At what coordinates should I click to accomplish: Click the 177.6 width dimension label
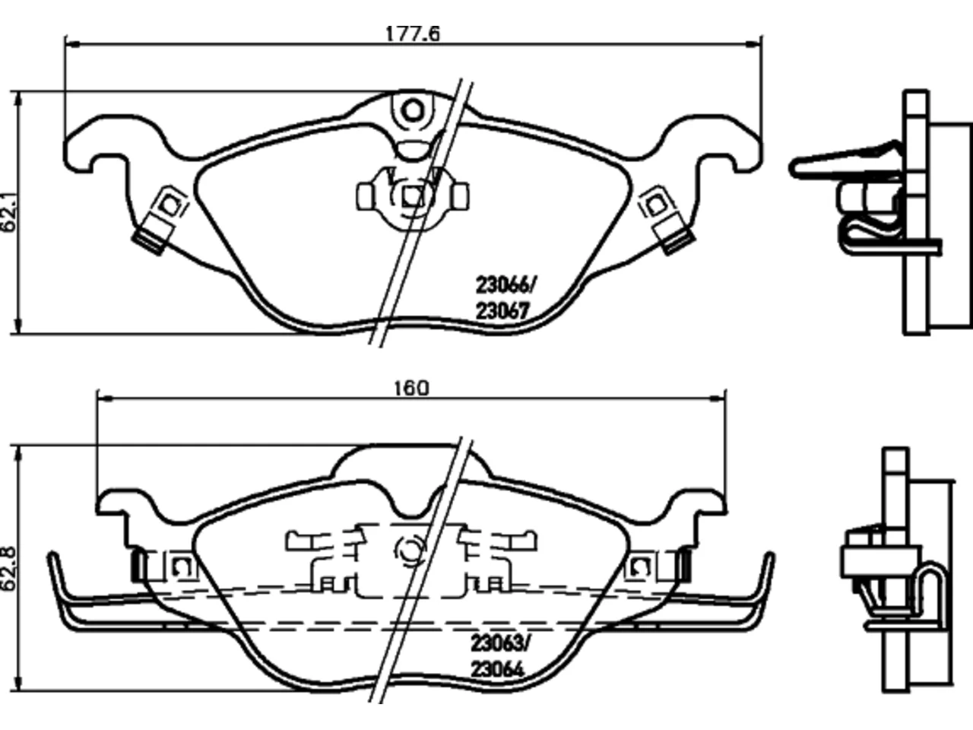coord(413,33)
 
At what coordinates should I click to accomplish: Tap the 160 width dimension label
coord(412,389)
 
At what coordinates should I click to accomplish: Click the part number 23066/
coord(505,284)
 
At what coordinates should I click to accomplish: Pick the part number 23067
coord(502,311)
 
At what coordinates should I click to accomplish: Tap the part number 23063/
coord(499,643)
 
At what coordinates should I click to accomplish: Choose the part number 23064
coord(497,669)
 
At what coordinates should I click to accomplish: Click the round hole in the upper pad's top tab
coord(413,111)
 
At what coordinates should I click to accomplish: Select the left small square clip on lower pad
coord(182,566)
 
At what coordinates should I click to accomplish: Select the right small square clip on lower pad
coord(639,566)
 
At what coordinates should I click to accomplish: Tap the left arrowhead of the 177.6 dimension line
coord(72,44)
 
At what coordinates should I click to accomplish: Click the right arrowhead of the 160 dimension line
coord(718,398)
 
